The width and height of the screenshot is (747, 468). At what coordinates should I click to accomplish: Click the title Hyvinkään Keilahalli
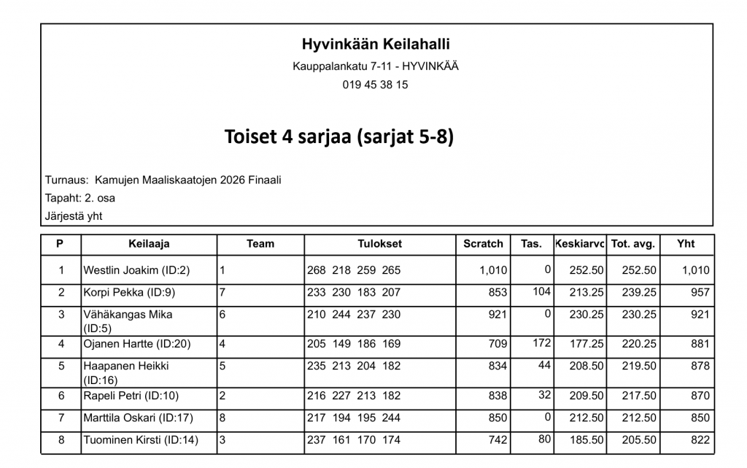tap(376, 45)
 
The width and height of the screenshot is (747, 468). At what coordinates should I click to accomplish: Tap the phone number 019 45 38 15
tap(376, 85)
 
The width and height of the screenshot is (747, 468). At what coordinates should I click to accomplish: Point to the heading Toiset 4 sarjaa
tap(339, 137)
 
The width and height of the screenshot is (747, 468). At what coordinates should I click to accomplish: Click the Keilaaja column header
tap(149, 244)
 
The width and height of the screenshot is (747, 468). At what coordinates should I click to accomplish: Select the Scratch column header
tap(483, 244)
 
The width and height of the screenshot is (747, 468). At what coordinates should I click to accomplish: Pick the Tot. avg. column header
tap(632, 244)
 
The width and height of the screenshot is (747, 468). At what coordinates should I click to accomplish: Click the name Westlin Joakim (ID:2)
tap(136, 270)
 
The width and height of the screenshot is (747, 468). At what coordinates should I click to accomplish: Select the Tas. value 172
tap(541, 342)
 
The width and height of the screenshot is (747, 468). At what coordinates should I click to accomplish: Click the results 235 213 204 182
tap(354, 366)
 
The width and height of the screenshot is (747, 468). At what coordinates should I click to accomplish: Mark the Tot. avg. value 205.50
tap(639, 440)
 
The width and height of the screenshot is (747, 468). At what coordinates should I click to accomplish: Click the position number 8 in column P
tap(61, 440)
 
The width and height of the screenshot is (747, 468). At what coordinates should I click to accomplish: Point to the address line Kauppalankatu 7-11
tap(376, 66)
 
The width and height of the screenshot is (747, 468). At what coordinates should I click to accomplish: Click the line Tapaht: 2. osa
tap(80, 198)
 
